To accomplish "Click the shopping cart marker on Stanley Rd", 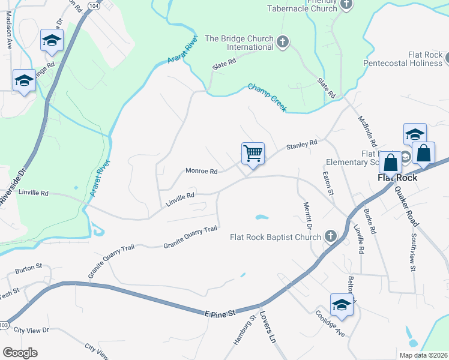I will [x=253, y=154].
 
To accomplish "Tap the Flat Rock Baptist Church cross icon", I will [x=330, y=236].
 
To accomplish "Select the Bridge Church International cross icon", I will [x=283, y=42].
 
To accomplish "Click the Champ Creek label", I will [x=268, y=97].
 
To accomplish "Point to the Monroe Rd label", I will [x=200, y=170].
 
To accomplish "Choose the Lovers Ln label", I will [x=268, y=330].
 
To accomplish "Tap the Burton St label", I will [x=28, y=266].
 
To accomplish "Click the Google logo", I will [x=20, y=352].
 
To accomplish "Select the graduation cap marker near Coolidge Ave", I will [x=342, y=305].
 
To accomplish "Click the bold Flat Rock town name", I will [x=397, y=178].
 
